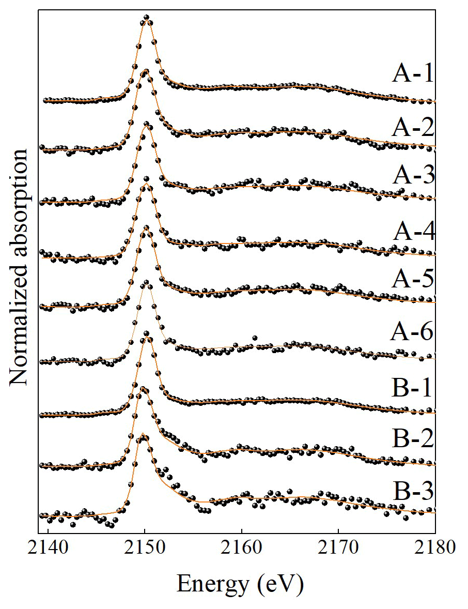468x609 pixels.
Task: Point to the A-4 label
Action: [x=412, y=233]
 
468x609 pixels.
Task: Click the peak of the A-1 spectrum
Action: [x=146, y=18]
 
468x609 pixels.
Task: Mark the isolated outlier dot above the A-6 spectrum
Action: [x=255, y=338]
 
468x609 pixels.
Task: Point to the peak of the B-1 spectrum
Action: [x=147, y=334]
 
